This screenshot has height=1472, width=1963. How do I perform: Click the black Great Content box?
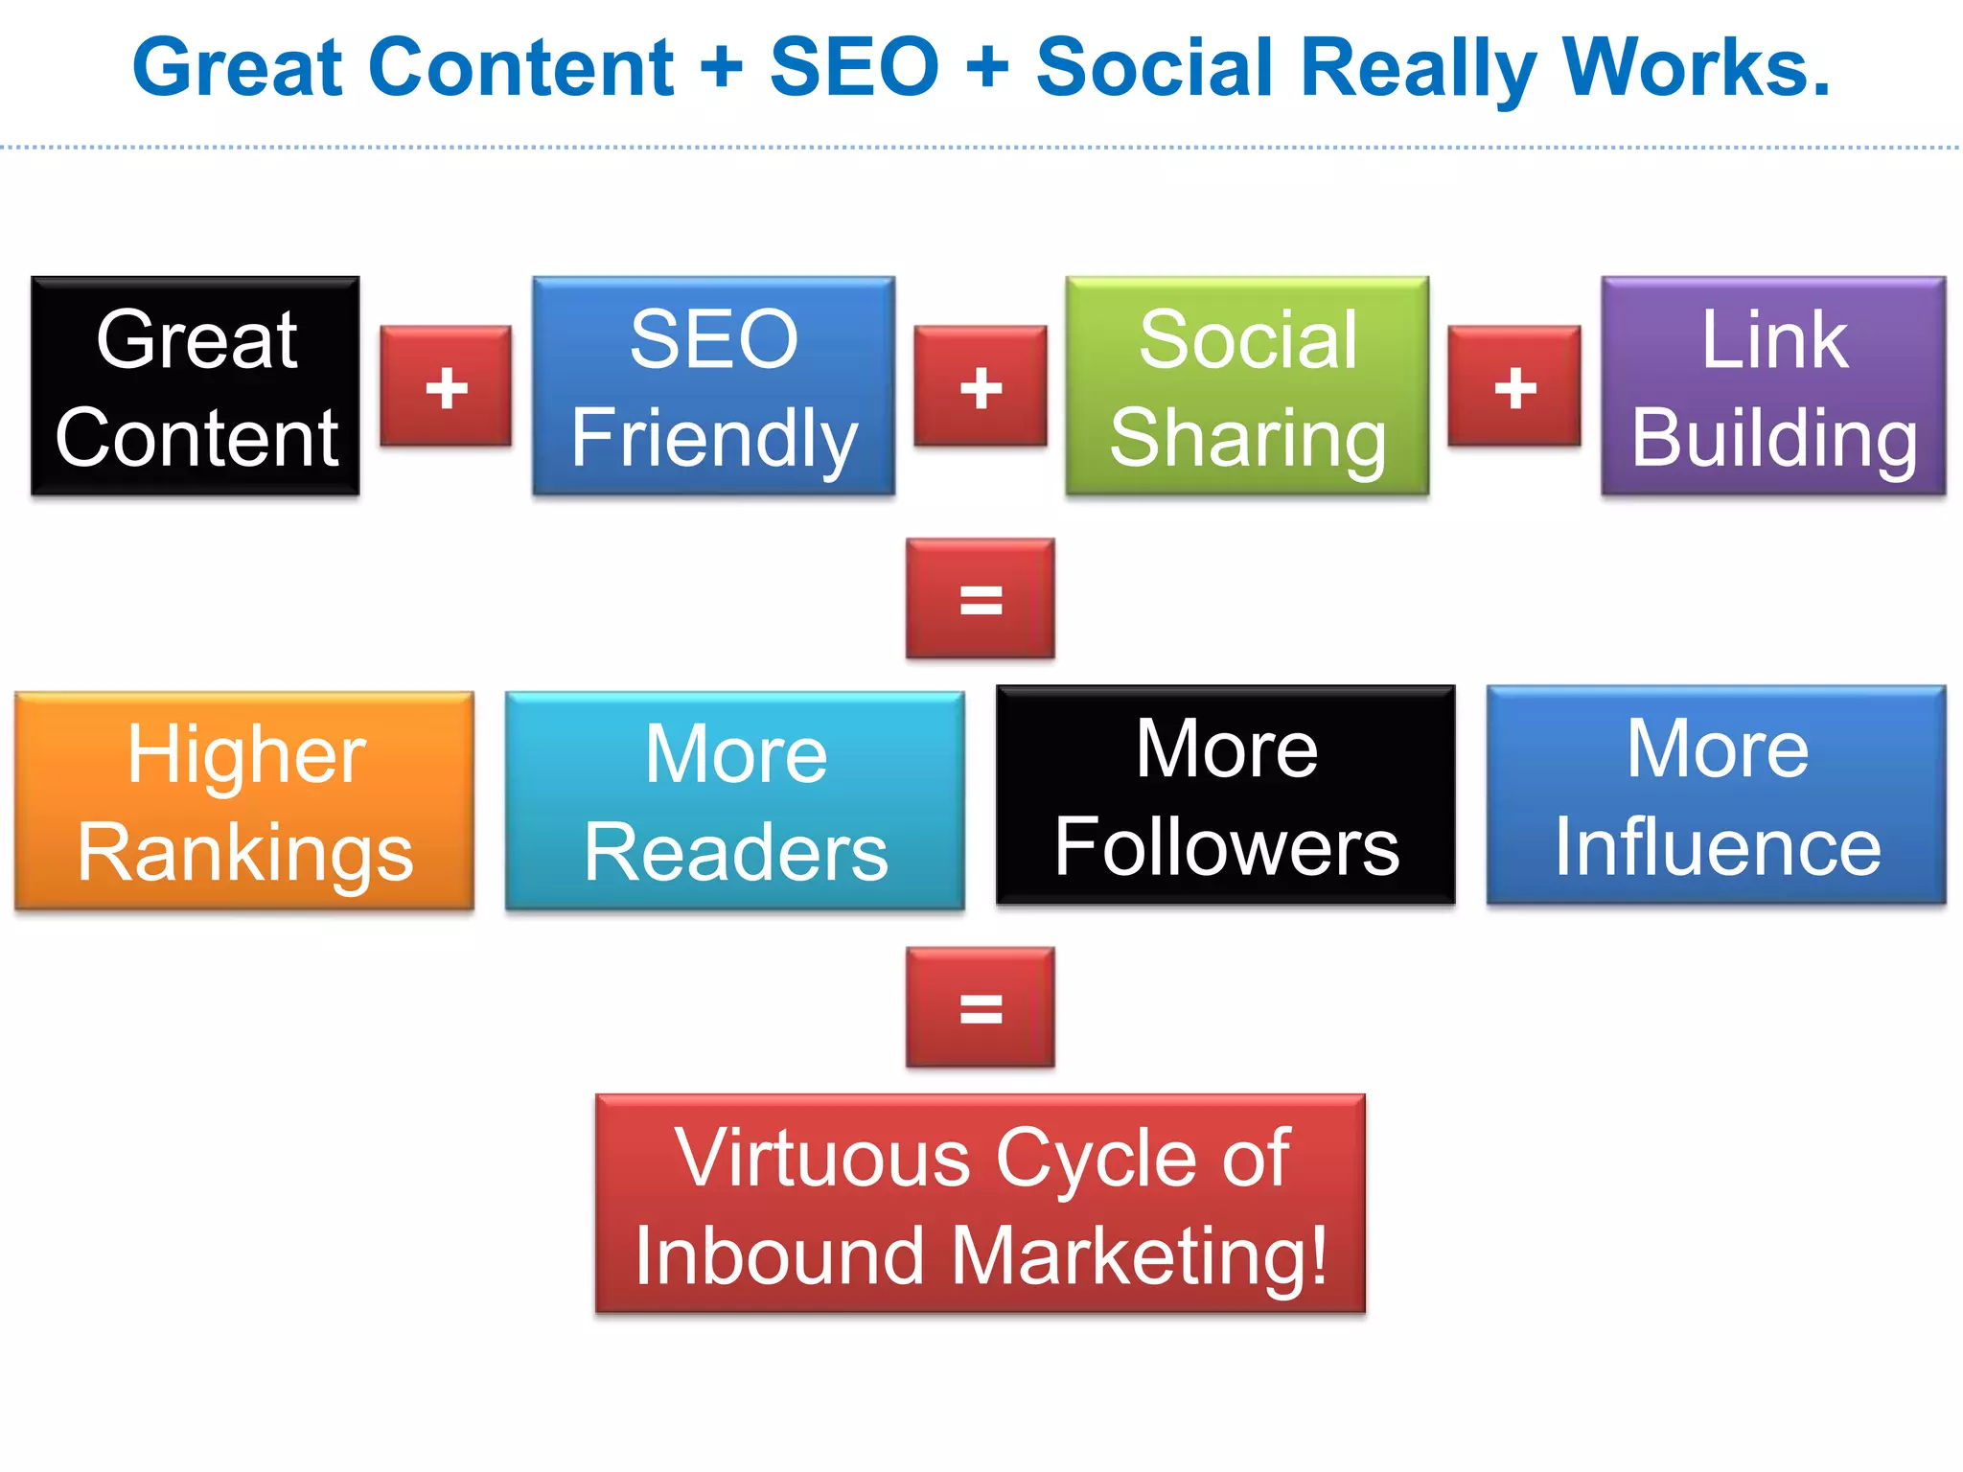196,386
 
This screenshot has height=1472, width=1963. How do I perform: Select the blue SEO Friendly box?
714,386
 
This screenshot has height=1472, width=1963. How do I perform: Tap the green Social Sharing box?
1247,386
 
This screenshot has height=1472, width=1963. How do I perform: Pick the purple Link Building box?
1773,386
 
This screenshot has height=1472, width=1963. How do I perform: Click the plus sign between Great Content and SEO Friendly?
446,386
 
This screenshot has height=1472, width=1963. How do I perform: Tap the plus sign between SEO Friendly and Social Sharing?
980,386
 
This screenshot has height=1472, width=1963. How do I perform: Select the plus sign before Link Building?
1514,386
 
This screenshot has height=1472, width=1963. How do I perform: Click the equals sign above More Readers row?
981,599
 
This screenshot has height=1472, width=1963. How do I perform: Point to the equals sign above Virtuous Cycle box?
981,1007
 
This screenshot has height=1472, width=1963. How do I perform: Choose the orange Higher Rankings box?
244,800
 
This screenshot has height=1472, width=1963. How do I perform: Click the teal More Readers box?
735,800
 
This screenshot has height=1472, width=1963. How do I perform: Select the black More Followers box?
1226,795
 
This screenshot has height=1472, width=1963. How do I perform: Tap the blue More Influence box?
1717,795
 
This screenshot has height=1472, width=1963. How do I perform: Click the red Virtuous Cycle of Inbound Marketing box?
981,1204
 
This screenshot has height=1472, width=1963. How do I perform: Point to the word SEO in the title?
854,67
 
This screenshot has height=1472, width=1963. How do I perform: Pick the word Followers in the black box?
1227,847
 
